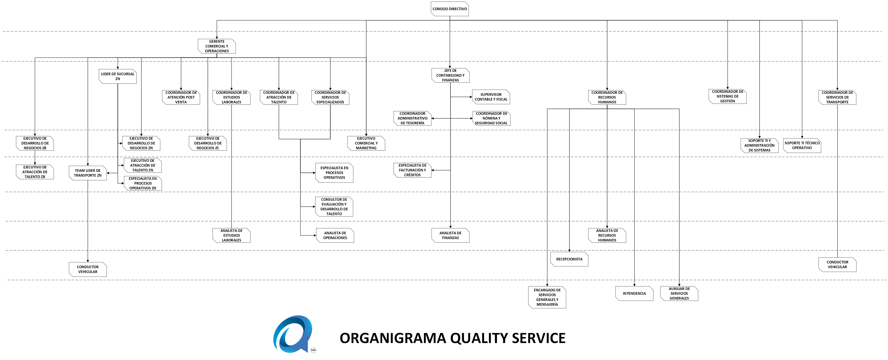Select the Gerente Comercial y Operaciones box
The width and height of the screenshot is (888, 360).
pos(217,46)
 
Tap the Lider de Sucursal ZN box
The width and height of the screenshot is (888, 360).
pos(117,76)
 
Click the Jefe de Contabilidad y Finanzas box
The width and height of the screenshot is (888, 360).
pos(450,75)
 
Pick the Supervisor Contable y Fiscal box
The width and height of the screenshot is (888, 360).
pos(491,97)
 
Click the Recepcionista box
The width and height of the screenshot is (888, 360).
pos(569,259)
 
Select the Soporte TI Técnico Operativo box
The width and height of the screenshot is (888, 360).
pos(802,145)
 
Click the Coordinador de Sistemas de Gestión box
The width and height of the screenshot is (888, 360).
pos(727,96)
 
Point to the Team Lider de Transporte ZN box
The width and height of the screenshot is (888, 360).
pos(88,173)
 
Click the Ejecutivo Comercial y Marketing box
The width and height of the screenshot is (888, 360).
pos(366,143)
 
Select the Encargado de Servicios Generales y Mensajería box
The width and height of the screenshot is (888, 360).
pos(547,297)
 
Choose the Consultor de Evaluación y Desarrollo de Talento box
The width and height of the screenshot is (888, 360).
pos(334,207)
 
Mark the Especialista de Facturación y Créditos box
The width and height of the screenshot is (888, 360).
pos(412,170)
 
